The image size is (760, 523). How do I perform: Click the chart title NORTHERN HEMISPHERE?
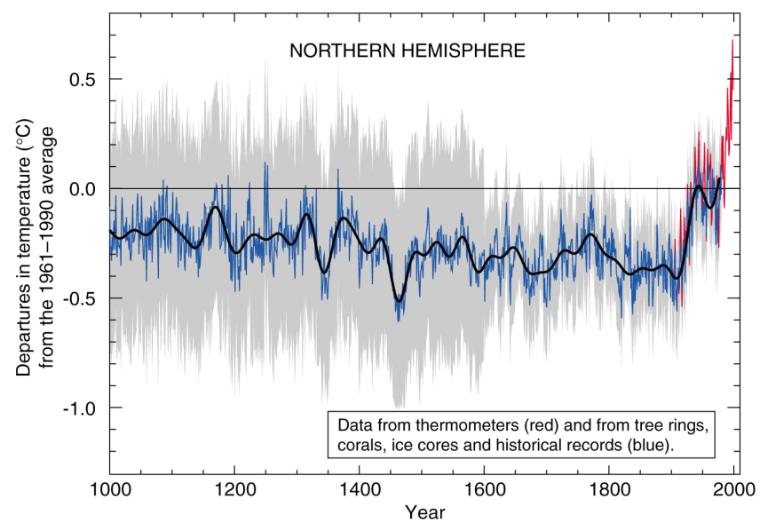click(x=408, y=51)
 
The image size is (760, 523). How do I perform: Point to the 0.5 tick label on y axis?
click(x=83, y=80)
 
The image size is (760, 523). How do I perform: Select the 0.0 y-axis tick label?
click(x=83, y=189)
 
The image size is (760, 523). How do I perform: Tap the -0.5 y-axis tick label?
click(x=80, y=298)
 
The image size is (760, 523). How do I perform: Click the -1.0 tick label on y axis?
click(x=80, y=408)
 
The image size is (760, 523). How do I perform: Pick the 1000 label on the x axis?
click(x=110, y=489)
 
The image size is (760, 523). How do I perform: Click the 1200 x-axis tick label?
click(x=234, y=489)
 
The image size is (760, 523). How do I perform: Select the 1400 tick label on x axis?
click(x=360, y=489)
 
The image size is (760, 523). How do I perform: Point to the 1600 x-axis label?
click(x=484, y=489)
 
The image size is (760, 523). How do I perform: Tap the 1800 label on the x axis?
click(x=609, y=489)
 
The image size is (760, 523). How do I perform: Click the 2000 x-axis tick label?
click(x=733, y=489)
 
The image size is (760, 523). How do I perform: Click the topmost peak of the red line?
click(x=732, y=40)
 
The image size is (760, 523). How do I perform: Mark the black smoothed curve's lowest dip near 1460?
click(x=400, y=301)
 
